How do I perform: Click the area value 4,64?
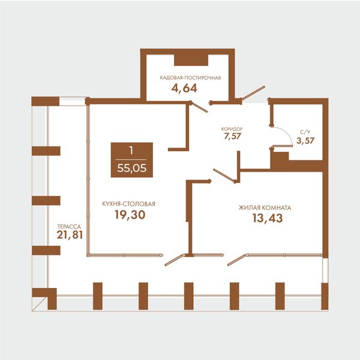point(184,88)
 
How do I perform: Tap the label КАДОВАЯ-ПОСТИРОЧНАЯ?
point(190,78)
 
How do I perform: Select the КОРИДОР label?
point(232,129)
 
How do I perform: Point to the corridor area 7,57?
point(232,136)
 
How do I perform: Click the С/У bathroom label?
point(305,132)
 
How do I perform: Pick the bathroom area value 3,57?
point(305,140)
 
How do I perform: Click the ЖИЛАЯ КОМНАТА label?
point(265,208)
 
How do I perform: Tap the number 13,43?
point(268,218)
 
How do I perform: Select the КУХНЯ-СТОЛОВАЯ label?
point(128,204)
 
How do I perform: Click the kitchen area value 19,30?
point(130,215)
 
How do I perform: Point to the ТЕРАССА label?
point(69,227)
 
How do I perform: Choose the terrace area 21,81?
point(70,235)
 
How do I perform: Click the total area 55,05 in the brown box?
point(132,168)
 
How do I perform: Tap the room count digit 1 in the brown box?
point(131,151)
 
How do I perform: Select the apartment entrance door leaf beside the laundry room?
point(253,93)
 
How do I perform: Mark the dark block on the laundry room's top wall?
point(191,60)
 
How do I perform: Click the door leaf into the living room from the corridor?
point(224,176)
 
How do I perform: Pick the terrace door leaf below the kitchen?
point(174,260)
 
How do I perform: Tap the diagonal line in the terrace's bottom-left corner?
point(40,304)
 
